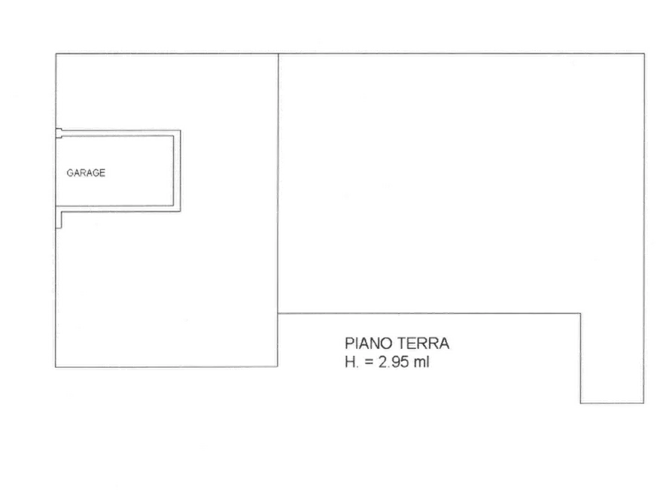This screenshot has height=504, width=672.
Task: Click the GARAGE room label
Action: tap(86, 173)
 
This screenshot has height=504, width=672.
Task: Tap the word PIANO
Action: tap(369, 343)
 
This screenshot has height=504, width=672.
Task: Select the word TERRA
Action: tap(424, 343)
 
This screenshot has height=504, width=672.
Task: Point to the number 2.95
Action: tap(394, 362)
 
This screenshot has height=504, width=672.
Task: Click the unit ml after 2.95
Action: tap(421, 362)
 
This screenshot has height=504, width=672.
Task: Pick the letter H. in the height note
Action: tap(351, 362)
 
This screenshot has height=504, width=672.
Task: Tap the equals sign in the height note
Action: tap(369, 363)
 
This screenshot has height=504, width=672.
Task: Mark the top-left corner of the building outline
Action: tap(56, 53)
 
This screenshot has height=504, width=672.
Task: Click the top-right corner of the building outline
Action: tap(644, 53)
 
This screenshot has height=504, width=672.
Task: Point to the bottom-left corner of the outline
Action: tap(56, 367)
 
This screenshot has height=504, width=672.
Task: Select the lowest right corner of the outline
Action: tap(643, 403)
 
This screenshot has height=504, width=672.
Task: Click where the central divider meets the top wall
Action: tap(278, 53)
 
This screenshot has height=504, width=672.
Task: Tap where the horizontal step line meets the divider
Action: tap(278, 313)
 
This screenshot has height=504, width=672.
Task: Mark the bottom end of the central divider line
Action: tap(278, 366)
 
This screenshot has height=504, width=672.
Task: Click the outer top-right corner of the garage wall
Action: tap(181, 130)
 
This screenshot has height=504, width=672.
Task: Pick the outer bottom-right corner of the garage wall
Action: tap(181, 211)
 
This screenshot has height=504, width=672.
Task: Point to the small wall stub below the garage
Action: tap(59, 220)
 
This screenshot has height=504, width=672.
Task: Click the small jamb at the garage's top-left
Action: tap(59, 133)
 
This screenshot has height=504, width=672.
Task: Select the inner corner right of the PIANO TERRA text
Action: tap(581, 314)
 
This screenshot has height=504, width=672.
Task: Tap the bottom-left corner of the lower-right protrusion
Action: tap(581, 403)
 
